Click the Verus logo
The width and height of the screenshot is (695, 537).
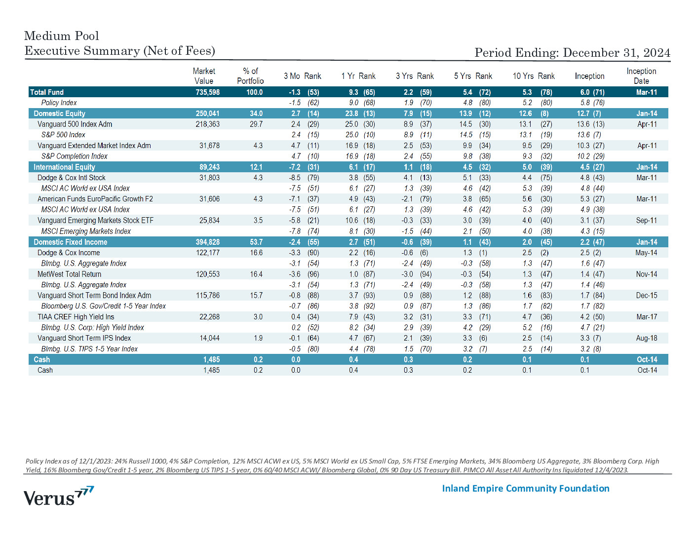point(59,496)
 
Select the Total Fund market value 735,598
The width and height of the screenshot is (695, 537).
point(208,92)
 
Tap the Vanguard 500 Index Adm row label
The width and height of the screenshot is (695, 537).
point(75,124)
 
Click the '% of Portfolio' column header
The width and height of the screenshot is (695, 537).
point(250,76)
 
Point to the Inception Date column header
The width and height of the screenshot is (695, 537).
point(641,76)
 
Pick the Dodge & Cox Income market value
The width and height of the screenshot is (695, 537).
point(208,253)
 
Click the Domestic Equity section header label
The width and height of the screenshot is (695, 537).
point(60,114)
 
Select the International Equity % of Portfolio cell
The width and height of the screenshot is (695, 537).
point(256,167)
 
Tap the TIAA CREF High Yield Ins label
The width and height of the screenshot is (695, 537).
point(76,317)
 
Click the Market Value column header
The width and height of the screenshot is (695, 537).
point(204,76)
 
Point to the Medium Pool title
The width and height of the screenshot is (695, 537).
point(62,36)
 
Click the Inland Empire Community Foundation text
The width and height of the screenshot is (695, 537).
point(526,489)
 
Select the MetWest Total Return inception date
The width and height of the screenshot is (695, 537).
point(647,274)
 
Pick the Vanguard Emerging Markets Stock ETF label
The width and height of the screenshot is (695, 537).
point(95,220)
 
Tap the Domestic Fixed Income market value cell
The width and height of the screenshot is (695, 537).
point(208,242)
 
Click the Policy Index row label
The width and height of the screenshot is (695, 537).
point(59,103)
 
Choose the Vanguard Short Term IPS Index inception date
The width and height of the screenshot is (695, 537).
point(647,338)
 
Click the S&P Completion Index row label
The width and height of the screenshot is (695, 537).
point(74,156)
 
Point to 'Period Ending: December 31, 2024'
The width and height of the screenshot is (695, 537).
point(573,52)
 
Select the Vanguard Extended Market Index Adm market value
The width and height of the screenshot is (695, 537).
point(209,146)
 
